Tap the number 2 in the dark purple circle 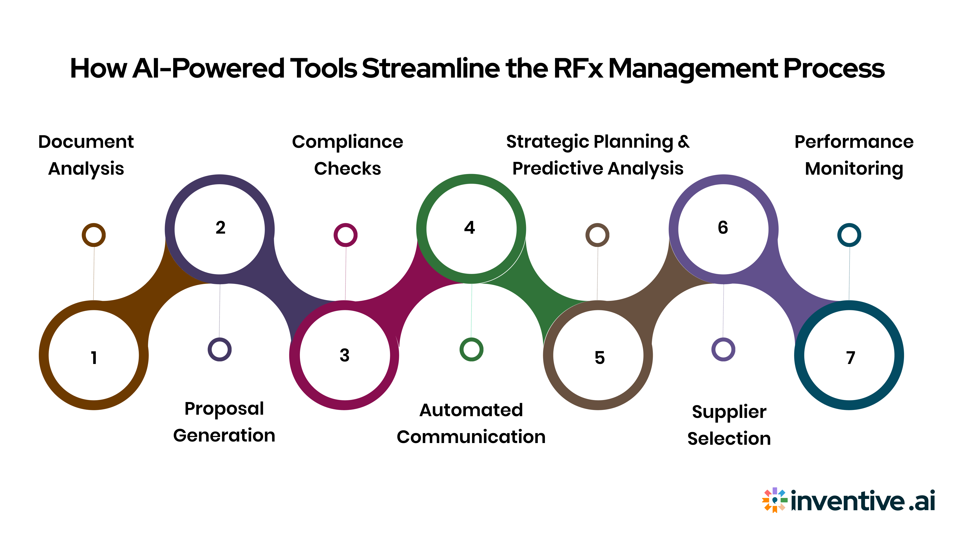(x=220, y=227)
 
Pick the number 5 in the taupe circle (x=599, y=358)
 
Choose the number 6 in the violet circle (x=722, y=227)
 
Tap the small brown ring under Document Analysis (x=94, y=235)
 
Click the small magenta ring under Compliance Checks (x=345, y=235)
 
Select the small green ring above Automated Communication (x=471, y=350)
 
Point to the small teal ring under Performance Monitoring (x=849, y=235)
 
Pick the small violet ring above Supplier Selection (x=723, y=350)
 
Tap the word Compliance (x=347, y=142)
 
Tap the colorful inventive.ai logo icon (x=774, y=500)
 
